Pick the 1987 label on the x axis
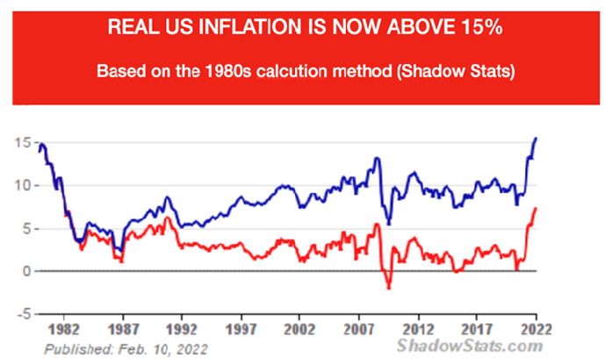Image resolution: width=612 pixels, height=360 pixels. tap(121, 331)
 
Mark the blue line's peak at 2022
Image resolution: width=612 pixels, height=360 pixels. tap(537, 139)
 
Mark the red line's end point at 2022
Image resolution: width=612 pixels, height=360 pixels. tap(536, 208)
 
